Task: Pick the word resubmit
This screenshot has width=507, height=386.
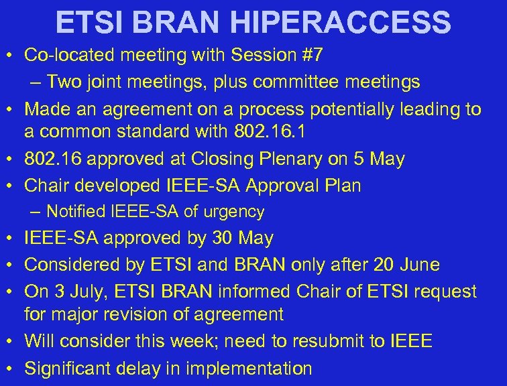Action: pos(316,341)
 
